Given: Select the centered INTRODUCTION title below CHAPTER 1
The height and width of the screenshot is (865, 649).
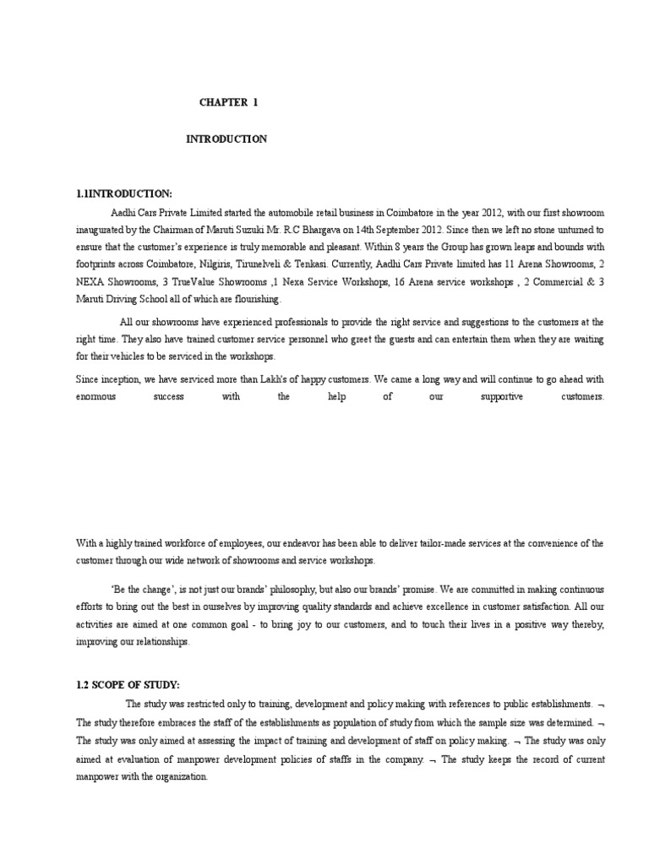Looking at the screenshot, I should pyautogui.click(x=226, y=139).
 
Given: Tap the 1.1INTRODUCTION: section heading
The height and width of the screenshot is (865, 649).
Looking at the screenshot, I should pyautogui.click(x=123, y=193).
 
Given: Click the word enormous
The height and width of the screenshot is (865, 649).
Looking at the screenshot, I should pyautogui.click(x=95, y=395).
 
